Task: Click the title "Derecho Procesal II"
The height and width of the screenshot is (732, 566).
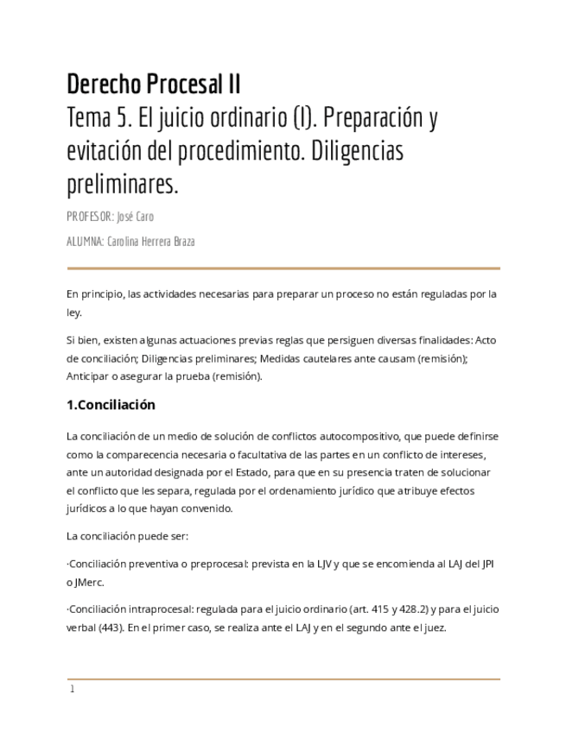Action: [154, 85]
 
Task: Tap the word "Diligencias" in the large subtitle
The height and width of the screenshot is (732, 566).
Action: [354, 152]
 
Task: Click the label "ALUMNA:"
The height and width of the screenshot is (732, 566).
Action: [85, 242]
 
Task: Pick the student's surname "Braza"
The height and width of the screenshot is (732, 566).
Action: [181, 242]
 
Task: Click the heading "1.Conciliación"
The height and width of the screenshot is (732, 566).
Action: [111, 404]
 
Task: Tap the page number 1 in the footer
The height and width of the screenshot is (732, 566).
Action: [73, 689]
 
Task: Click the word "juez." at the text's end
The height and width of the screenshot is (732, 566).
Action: [434, 628]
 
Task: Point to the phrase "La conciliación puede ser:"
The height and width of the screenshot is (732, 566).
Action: [121, 536]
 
